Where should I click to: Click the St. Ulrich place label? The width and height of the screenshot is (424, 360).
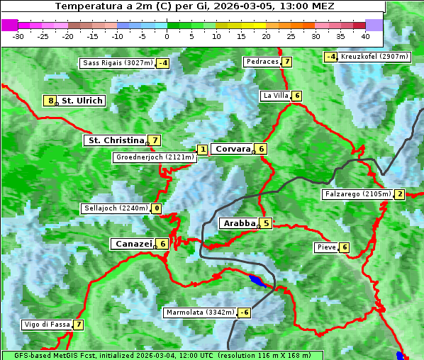coord(82,101)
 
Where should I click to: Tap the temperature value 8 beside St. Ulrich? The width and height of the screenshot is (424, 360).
coord(50,101)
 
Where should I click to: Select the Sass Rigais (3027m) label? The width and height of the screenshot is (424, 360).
coord(118,63)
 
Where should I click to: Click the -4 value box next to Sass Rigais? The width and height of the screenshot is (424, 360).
coord(163,63)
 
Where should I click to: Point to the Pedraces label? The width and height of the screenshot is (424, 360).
coord(262,62)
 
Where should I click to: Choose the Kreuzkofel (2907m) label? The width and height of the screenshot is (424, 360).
coord(374,56)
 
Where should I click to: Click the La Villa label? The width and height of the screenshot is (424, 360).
coord(275,96)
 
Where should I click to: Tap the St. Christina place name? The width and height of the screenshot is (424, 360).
coord(115,140)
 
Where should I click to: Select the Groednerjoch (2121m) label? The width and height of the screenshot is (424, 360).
coord(155,157)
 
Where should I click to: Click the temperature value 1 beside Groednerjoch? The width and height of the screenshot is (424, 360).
coord(203,150)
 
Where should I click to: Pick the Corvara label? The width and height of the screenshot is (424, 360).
coord(233,149)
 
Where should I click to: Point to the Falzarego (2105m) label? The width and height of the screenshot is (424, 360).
coord(357,194)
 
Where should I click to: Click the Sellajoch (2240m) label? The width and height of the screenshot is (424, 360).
coord(115,208)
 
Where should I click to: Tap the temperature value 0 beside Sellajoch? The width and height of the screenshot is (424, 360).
coord(156,208)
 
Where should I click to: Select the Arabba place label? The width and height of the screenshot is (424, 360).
coord(239,223)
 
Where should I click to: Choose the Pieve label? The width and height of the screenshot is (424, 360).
coord(326,247)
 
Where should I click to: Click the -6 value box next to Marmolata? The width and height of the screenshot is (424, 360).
coord(244,313)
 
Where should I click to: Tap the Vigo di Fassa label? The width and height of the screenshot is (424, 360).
coord(47,325)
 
